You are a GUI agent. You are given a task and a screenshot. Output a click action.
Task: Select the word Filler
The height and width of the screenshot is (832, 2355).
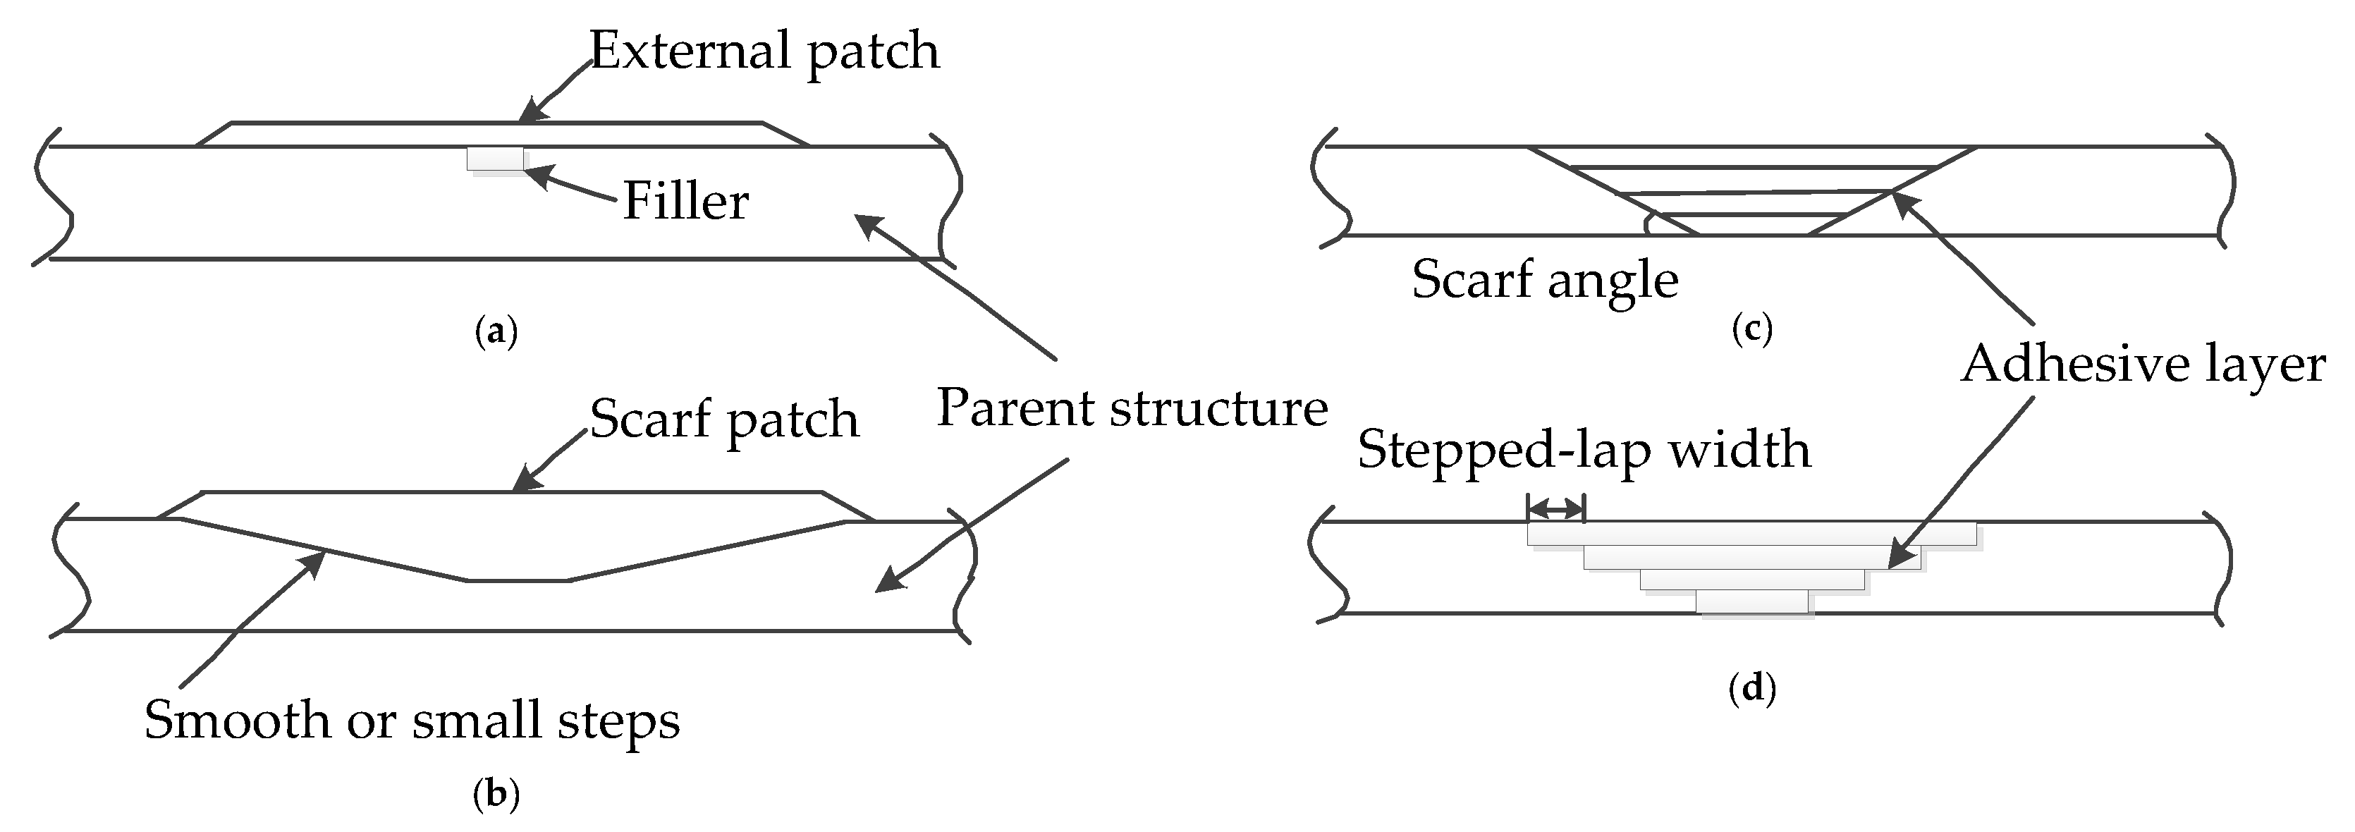click(x=685, y=201)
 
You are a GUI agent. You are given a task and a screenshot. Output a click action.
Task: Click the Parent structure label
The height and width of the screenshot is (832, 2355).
click(x=1132, y=407)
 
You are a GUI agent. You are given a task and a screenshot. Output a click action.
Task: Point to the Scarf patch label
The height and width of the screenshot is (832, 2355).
click(x=724, y=419)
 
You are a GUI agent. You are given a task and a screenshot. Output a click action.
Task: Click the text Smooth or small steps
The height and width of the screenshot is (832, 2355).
click(x=411, y=720)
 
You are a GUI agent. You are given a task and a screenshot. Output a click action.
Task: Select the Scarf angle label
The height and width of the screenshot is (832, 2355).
click(x=1545, y=279)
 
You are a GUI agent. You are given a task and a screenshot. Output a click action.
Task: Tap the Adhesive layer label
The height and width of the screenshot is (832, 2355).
click(x=2142, y=364)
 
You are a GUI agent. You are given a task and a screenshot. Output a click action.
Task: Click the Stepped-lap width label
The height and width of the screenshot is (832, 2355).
click(x=1584, y=449)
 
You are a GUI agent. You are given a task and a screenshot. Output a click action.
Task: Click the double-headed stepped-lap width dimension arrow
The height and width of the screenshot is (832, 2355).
click(x=1556, y=508)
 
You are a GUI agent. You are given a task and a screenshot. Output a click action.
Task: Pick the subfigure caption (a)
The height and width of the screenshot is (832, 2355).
click(x=496, y=331)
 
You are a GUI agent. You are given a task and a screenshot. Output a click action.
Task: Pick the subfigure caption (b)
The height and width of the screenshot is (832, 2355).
click(x=496, y=794)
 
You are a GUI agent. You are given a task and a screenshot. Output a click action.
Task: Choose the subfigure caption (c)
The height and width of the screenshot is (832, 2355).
click(x=1751, y=327)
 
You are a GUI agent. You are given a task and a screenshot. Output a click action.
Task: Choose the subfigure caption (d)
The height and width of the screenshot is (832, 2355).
click(x=1751, y=687)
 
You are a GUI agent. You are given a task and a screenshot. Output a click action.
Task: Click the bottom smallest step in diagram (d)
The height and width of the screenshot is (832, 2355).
click(x=1751, y=601)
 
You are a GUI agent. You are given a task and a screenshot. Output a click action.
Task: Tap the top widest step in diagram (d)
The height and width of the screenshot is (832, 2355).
click(x=1751, y=534)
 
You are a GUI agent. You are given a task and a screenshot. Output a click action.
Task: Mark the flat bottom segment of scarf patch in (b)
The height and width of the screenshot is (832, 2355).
click(x=518, y=580)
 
